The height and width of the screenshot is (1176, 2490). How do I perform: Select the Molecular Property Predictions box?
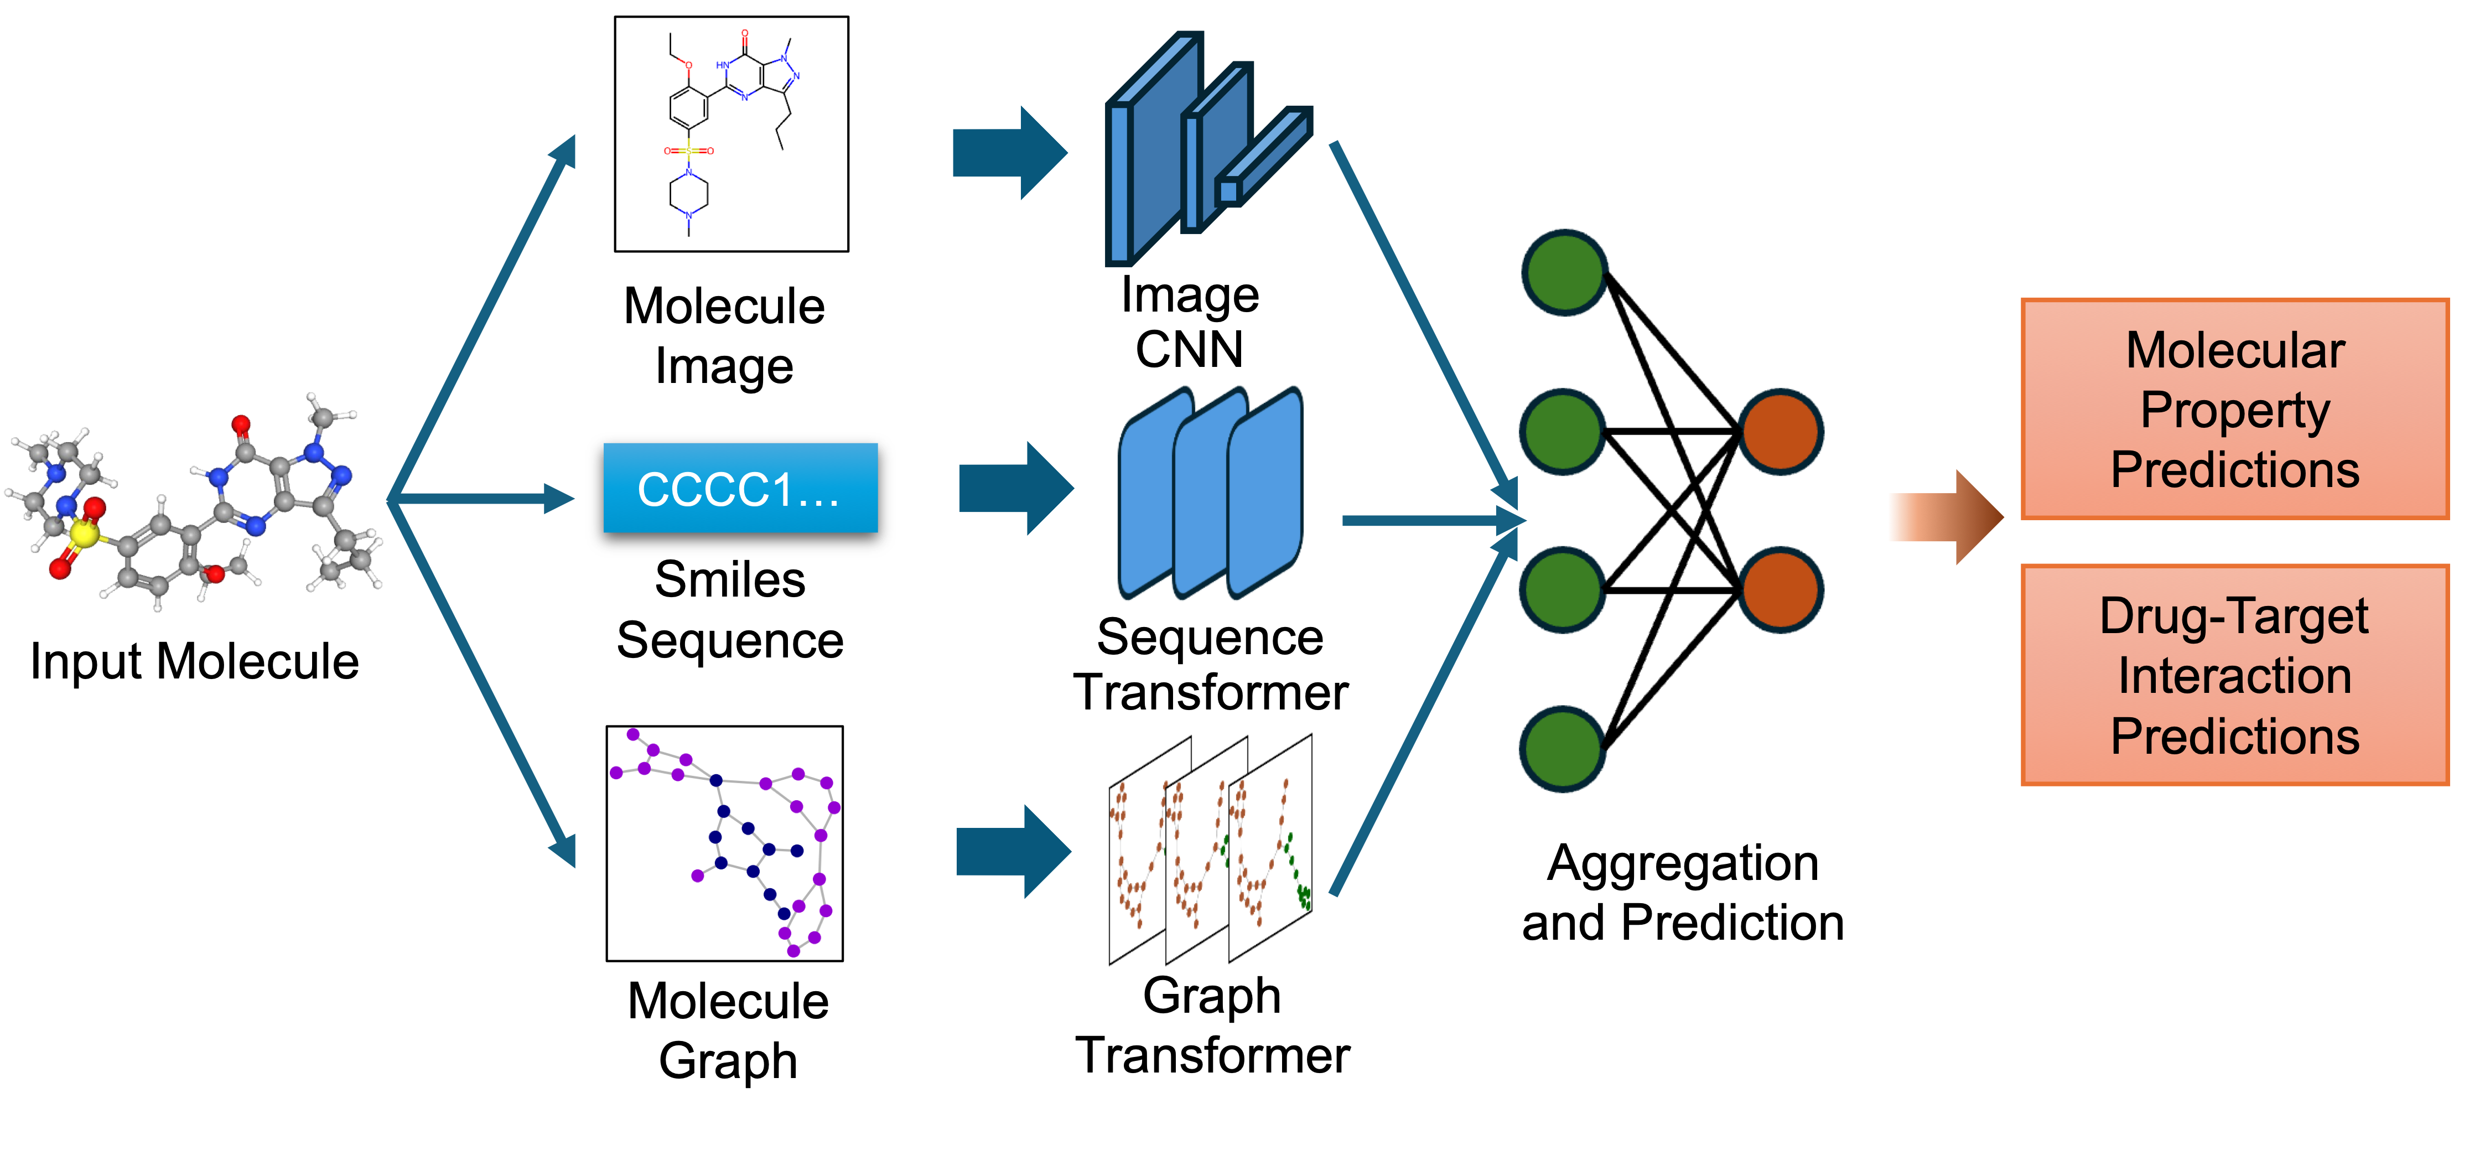point(2234,409)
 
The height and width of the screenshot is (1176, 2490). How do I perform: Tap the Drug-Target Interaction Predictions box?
point(2234,675)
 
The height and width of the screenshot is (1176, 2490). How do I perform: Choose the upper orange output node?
point(1781,431)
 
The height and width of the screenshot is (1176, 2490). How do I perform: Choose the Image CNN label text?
point(1190,322)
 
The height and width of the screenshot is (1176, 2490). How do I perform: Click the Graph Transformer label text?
point(1212,1025)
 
